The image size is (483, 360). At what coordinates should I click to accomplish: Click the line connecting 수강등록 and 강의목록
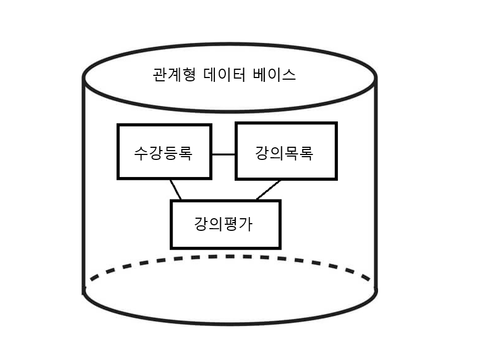click(224, 154)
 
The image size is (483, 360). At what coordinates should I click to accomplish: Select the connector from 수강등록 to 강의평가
click(176, 190)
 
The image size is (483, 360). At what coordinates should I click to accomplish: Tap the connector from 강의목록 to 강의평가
click(268, 190)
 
